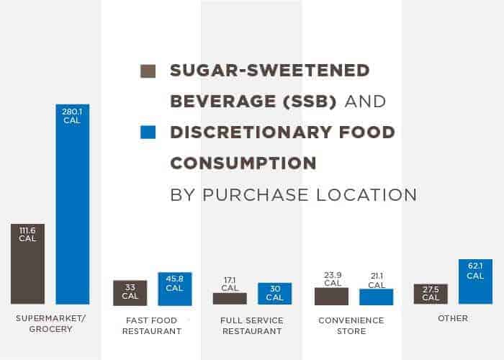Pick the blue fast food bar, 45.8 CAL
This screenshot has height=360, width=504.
point(174,289)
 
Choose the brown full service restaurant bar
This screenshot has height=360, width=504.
point(230,298)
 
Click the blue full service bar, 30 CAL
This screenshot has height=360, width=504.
point(274,293)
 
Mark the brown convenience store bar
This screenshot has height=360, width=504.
point(331,296)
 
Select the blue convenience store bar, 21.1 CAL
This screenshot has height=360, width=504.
point(376,297)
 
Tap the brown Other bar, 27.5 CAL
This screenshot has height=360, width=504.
point(431,294)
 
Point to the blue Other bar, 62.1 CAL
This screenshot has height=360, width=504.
point(475,282)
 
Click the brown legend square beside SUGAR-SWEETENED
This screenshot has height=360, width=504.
point(148,71)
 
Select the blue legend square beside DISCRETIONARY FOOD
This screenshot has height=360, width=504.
point(148,132)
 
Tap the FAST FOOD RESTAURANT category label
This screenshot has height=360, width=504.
point(151,325)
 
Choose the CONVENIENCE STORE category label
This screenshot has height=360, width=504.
point(352,325)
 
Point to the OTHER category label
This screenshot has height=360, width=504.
point(452,318)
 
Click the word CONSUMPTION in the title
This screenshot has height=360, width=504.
point(243,163)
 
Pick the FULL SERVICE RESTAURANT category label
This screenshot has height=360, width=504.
point(252,325)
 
